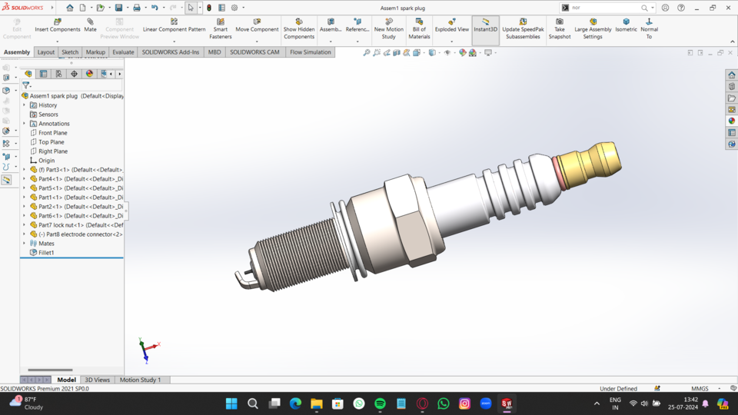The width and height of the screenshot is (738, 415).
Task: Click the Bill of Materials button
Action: (419, 28)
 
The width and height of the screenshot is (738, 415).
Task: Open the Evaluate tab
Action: (123, 52)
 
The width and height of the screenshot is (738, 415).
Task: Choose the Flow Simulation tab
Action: (310, 52)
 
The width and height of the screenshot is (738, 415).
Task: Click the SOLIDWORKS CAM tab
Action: (254, 52)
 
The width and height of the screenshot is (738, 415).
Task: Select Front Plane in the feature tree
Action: (52, 133)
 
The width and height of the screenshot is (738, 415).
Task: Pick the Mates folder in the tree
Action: (46, 244)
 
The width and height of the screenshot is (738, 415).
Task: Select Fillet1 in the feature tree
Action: (46, 253)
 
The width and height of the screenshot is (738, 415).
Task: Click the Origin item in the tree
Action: (46, 161)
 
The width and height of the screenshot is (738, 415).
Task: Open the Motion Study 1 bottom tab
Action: (140, 380)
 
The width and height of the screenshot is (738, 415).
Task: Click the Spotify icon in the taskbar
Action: (380, 403)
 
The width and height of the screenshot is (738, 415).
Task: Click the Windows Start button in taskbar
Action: (231, 403)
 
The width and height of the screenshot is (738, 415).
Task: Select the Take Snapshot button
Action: (559, 28)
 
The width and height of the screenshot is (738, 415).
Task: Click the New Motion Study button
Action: (388, 28)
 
